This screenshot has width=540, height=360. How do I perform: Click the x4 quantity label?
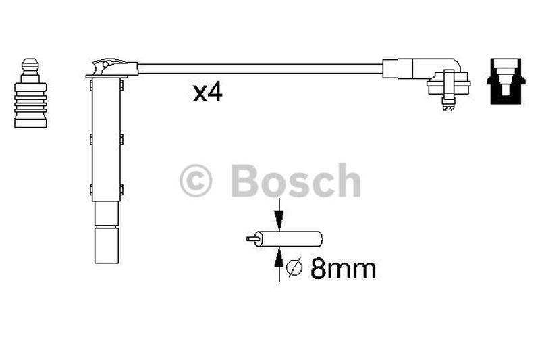pyautogui.click(x=207, y=93)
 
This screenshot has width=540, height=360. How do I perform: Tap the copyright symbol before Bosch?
pyautogui.click(x=196, y=180)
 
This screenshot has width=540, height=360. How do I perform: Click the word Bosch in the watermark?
pyautogui.click(x=295, y=180)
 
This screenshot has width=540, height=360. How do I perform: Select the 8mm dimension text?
pyautogui.click(x=342, y=269)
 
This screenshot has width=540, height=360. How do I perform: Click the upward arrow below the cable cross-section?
pyautogui.click(x=278, y=263)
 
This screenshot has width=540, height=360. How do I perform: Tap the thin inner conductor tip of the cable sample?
pyautogui.click(x=252, y=238)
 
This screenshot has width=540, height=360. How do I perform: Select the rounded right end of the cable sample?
pyautogui.click(x=318, y=238)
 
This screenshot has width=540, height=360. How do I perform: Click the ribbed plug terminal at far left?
pyautogui.click(x=30, y=101)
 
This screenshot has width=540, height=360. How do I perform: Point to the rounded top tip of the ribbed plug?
pyautogui.click(x=30, y=63)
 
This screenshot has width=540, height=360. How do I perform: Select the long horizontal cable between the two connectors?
pyautogui.click(x=260, y=69)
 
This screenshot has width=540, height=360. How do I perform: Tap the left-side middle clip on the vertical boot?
pyautogui.click(x=91, y=140)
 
